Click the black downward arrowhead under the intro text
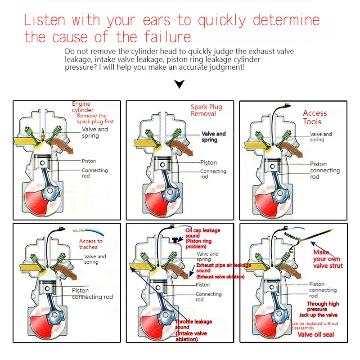pos(180,84)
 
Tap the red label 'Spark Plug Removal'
pos(207,110)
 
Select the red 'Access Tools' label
pos(315,117)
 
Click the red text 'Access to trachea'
pos(90,244)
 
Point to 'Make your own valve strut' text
pos(328,259)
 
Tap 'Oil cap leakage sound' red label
pos(203,233)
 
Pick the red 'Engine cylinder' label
pos(82,107)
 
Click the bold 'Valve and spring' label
pos(213,137)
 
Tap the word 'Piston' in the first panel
pos(89,161)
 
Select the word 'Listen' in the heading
pos(45,20)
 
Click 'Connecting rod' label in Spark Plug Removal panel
pos(213,174)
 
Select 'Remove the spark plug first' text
pos(95,118)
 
